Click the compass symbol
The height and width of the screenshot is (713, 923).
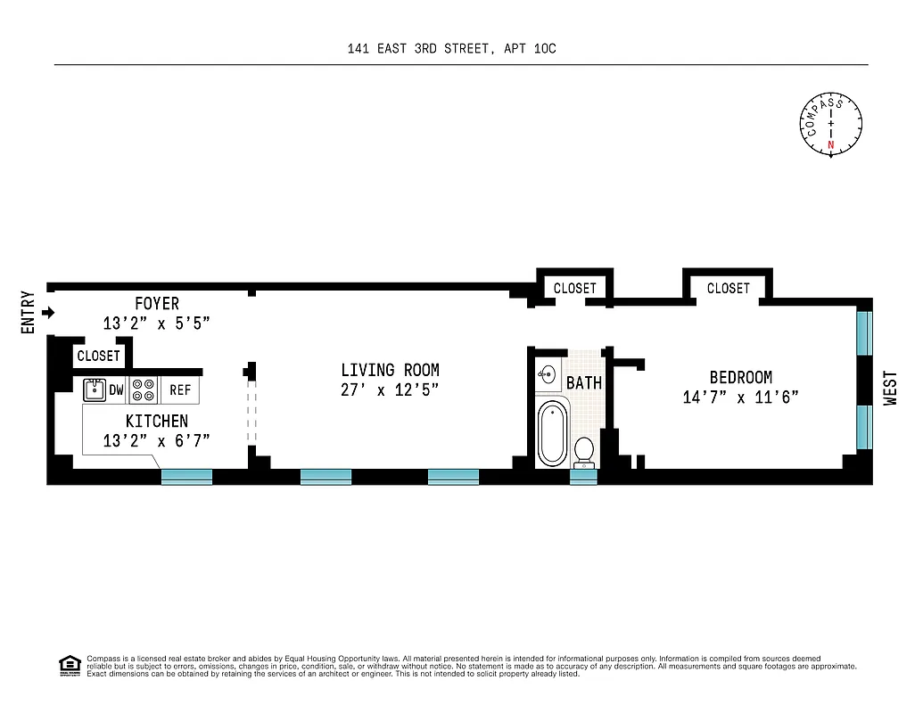pos(831,126)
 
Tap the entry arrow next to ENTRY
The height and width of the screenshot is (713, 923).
pos(49,313)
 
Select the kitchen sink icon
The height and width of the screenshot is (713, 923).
pos(93,389)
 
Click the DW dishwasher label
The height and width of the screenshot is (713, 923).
pos(117,390)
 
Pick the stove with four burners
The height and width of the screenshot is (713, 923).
pos(144,390)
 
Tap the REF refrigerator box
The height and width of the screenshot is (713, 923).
pos(180,390)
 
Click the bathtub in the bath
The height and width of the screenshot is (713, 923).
pos(552,433)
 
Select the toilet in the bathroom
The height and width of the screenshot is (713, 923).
pos(585,451)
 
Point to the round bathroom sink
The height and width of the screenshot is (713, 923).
pos(548,374)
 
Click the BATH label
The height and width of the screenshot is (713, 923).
pos(584,383)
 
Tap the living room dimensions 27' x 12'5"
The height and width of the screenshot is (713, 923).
pos(390,390)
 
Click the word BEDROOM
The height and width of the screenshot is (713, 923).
pos(740,378)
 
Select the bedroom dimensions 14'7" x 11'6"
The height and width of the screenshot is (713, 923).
pos(740,397)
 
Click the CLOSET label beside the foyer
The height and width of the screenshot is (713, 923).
pos(98,356)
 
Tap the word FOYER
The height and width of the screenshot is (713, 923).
pos(157,304)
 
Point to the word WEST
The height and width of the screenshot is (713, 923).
pos(890,389)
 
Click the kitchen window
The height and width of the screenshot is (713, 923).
pos(186,477)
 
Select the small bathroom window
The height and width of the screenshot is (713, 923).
pos(583,477)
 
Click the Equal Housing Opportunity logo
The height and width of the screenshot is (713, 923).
pos(69,665)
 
